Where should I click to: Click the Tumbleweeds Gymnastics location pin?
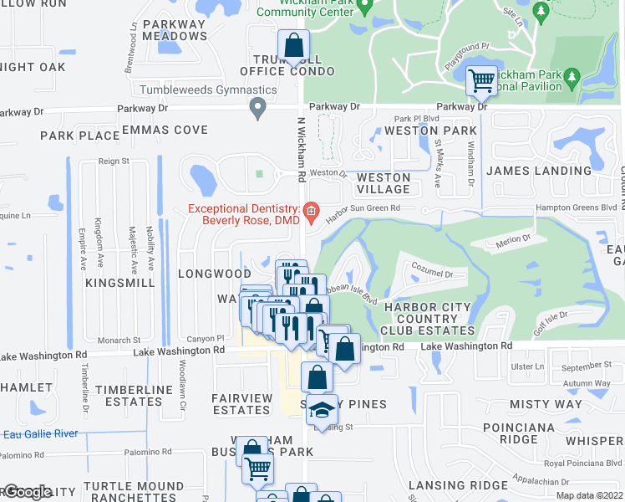tap(257, 106)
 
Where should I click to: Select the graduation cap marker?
tap(321, 409)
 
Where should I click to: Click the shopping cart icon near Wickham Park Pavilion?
tap(480, 80)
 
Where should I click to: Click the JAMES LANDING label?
tap(539, 171)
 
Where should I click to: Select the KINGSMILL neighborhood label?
tap(119, 284)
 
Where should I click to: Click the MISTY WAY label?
tap(546, 404)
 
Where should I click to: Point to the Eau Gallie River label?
tap(40, 433)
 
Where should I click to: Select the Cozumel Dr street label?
tap(432, 273)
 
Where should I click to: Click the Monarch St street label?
tap(119, 341)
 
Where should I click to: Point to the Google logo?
tap(27, 492)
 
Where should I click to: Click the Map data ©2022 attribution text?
tap(589, 495)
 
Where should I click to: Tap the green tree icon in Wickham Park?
tap(540, 12)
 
